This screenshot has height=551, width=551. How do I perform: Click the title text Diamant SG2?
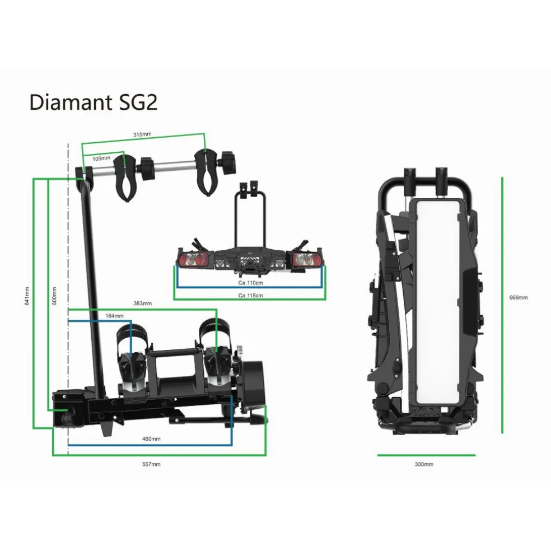tap(93, 102)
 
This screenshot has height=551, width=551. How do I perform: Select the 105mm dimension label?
tap(101, 158)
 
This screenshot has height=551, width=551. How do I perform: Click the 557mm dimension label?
tap(152, 464)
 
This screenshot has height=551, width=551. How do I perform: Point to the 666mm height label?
tap(519, 297)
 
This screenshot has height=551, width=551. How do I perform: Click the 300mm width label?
tap(424, 464)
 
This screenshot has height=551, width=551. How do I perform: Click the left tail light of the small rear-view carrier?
tap(193, 259)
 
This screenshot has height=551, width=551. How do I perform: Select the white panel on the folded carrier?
tap(439, 302)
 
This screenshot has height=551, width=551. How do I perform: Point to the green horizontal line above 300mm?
tap(426, 455)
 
